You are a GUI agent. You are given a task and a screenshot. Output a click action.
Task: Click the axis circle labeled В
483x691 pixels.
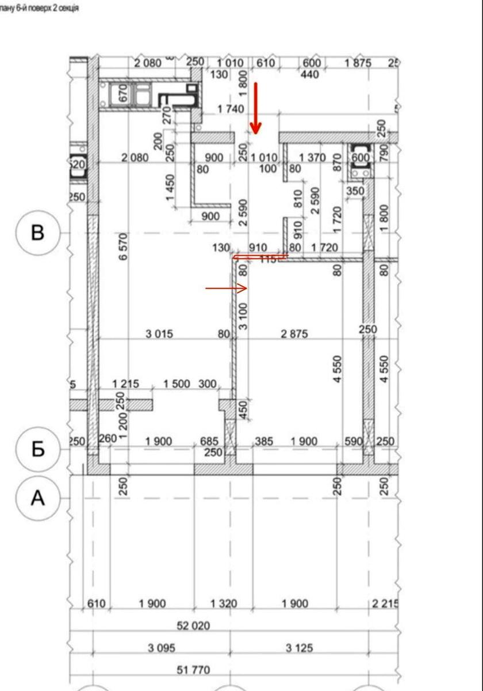pos(37,233)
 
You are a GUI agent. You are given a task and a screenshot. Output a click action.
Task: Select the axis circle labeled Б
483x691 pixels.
pos(37,449)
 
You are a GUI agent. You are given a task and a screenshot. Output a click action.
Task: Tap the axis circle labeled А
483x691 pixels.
pos(37,498)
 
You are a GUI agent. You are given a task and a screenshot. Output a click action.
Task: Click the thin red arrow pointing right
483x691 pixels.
pos(226,287)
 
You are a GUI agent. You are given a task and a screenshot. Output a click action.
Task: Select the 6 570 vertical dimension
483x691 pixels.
pos(123,246)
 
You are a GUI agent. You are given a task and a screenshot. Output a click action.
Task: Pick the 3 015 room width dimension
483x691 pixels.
pos(159,333)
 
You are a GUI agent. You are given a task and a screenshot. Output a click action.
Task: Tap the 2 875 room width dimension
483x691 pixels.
pos(294,333)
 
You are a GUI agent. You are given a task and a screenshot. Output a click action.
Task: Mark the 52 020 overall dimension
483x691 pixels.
pos(193,625)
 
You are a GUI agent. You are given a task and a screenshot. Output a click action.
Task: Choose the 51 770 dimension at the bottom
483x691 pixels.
pos(193,670)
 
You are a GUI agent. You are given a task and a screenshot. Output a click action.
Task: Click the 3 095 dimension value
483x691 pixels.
pos(161,648)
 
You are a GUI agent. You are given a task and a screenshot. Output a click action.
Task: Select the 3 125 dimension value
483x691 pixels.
pos(299,648)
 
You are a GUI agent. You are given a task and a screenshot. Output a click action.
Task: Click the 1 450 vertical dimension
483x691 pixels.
pos(170,188)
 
